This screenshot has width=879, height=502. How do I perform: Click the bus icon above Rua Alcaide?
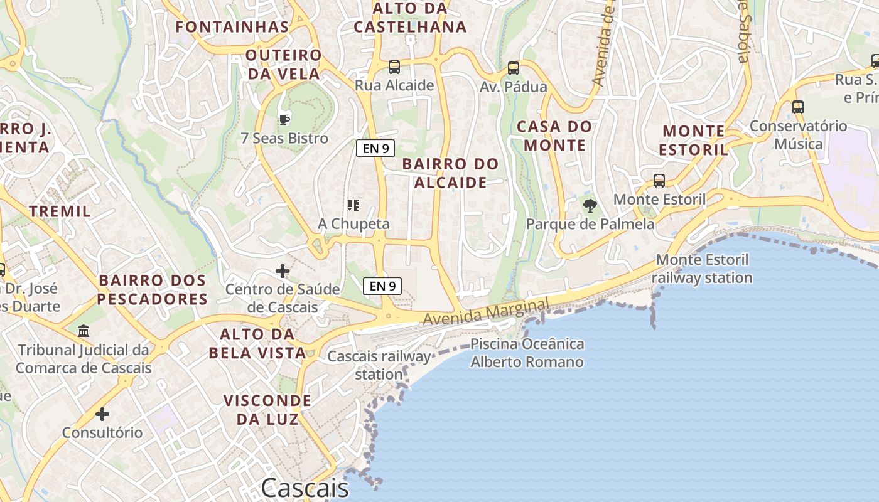coord(394,67)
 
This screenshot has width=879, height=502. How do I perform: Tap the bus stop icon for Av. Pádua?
coord(514,68)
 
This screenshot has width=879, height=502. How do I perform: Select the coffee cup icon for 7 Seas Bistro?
coord(284,119)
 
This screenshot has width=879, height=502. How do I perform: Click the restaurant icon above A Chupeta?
coord(353,205)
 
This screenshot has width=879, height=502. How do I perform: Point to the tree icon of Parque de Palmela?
coord(590,205)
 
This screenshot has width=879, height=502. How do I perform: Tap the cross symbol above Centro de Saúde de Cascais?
coord(283,271)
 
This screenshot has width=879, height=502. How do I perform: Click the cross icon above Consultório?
coord(102,414)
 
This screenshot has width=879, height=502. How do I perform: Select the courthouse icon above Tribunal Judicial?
coord(84,331)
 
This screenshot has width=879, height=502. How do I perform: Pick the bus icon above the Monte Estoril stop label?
coord(659,181)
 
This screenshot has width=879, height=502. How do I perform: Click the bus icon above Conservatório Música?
coord(797,107)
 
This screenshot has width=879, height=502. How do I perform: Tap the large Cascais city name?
coord(305,488)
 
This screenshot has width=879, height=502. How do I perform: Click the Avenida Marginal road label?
coord(486,312)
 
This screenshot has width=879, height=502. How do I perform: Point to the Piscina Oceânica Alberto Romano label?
coord(527,353)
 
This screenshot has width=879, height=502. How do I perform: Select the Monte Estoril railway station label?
coord(702,269)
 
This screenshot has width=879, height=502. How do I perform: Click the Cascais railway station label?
coord(379,365)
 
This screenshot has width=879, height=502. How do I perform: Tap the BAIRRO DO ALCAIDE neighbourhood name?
coord(451,173)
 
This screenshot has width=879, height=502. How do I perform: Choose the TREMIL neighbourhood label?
coord(60,211)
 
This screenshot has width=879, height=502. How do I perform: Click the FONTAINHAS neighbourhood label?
coord(232,27)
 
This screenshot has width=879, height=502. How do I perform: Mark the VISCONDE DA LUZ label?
coord(267,410)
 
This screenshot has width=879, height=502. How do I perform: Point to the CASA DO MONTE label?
coord(554,136)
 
